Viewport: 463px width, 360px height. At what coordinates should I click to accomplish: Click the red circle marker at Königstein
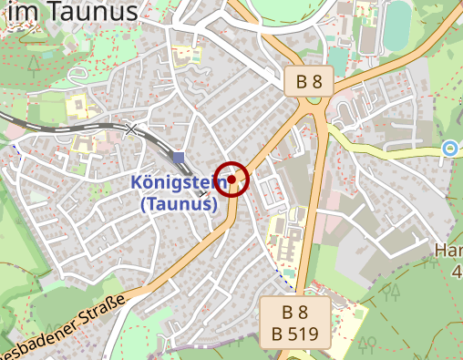coord(232,180)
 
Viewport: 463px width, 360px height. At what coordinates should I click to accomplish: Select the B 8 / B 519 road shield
coord(294,322)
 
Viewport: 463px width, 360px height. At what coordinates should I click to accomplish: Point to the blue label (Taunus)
coord(179,204)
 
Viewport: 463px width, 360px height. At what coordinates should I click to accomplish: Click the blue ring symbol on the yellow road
coord(448,148)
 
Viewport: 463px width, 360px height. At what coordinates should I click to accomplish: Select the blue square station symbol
coord(178,158)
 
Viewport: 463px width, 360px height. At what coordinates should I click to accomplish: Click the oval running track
coord(398,25)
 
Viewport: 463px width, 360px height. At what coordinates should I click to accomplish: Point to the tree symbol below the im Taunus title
coord(34,64)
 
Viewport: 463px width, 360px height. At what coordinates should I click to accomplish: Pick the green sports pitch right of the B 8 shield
coord(338,59)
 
